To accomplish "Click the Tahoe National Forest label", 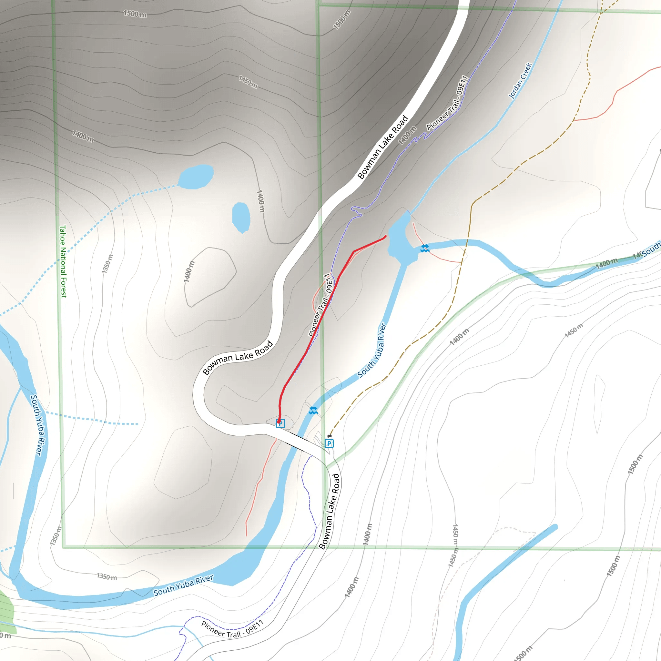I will tap(63, 261).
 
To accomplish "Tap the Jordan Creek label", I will tap(520, 81).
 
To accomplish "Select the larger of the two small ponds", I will tap(196, 177).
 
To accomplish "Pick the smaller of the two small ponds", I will tap(241, 217).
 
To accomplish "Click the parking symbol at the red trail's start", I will tap(280, 423).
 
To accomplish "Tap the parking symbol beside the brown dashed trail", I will tap(329, 444).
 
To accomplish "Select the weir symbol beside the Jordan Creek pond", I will tap(425, 249).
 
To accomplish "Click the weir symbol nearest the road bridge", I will tap(313, 410).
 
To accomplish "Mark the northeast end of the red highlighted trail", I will tap(386, 236).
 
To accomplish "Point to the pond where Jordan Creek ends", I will tap(401, 239).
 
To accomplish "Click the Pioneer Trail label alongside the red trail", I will tap(320, 305).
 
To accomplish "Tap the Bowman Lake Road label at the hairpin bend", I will tap(238, 358).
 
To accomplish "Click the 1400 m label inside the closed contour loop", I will tap(189, 272).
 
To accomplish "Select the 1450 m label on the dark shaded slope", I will tap(248, 82).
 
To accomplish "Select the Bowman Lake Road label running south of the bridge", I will tap(329, 512).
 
